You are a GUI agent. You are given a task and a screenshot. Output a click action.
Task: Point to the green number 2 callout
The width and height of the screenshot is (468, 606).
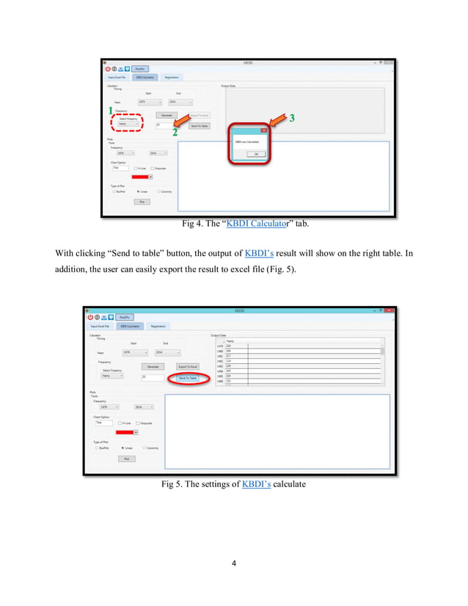175,134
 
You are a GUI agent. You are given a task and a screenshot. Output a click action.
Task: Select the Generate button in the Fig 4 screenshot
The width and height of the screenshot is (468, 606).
167,115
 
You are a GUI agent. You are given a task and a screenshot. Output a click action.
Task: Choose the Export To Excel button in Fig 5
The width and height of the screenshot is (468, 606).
188,366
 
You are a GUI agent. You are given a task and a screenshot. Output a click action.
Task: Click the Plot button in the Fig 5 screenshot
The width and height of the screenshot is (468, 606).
126,459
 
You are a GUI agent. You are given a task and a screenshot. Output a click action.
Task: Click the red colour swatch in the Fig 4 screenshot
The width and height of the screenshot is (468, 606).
139,177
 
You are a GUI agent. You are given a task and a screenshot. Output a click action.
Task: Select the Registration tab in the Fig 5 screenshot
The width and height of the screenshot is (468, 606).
158,326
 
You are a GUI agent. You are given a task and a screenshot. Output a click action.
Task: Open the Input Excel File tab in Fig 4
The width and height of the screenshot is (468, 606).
117,77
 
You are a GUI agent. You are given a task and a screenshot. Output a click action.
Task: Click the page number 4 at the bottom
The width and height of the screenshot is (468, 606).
234,563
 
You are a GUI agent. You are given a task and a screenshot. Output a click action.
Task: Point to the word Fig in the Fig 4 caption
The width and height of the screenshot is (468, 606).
189,224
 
